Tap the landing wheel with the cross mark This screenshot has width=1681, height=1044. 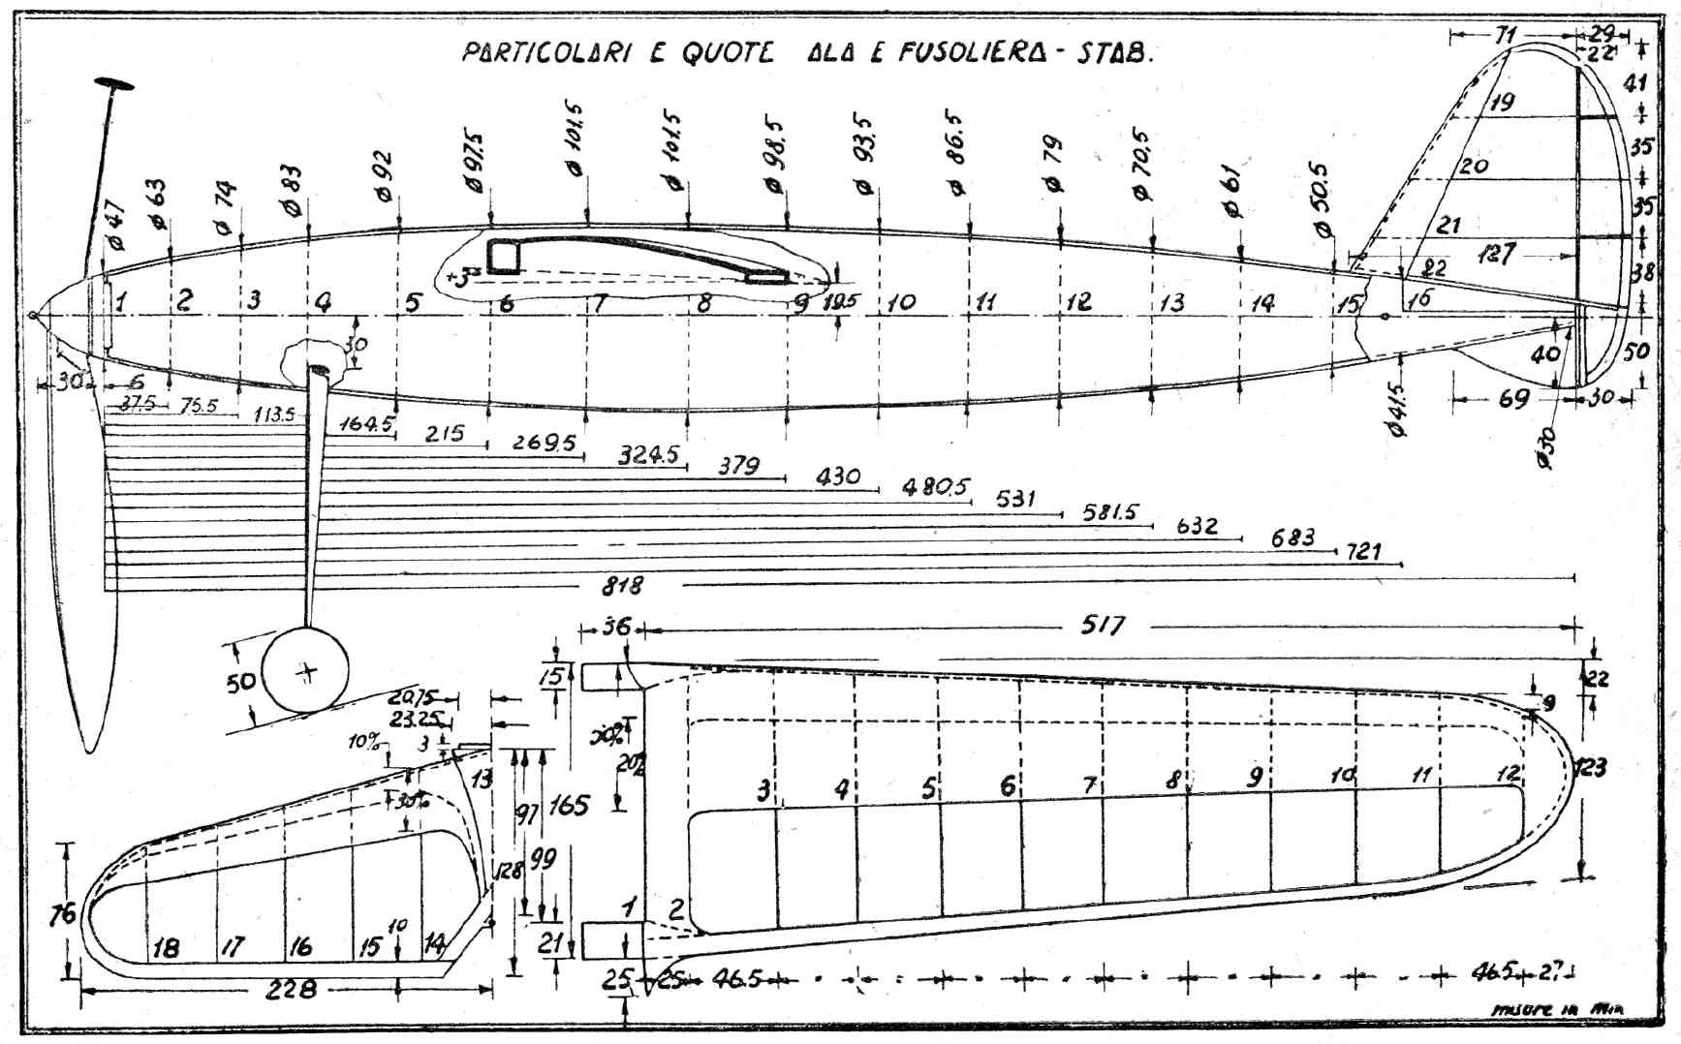pyautogui.click(x=306, y=671)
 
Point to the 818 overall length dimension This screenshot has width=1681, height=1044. pyautogui.click(x=622, y=585)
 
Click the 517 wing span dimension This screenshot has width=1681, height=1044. pyautogui.click(x=1103, y=626)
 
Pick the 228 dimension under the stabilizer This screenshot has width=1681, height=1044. pyautogui.click(x=291, y=988)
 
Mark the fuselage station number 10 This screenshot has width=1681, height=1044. pyautogui.click(x=901, y=302)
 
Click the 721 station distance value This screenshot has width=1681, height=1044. pyautogui.click(x=1363, y=551)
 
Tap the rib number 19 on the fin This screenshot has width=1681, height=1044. pyautogui.click(x=1502, y=102)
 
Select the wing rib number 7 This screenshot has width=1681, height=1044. pyautogui.click(x=1089, y=786)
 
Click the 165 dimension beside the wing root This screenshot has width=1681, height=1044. pyautogui.click(x=569, y=805)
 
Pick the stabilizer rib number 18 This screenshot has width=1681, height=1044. pyautogui.click(x=166, y=947)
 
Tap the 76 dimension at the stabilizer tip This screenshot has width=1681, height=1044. pyautogui.click(x=61, y=914)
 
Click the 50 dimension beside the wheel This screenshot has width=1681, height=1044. pyautogui.click(x=239, y=682)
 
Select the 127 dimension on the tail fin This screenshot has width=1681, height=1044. pyautogui.click(x=1497, y=254)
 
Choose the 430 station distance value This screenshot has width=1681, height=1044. pyautogui.click(x=838, y=476)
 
